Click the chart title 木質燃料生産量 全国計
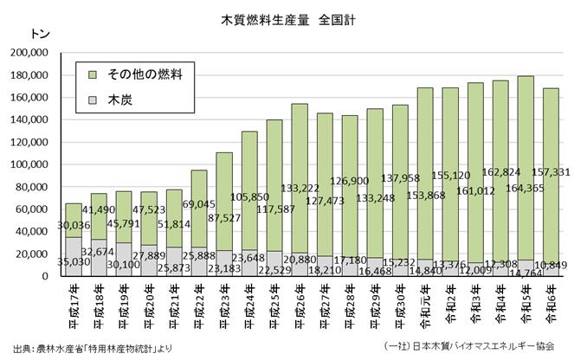click(287, 18)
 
